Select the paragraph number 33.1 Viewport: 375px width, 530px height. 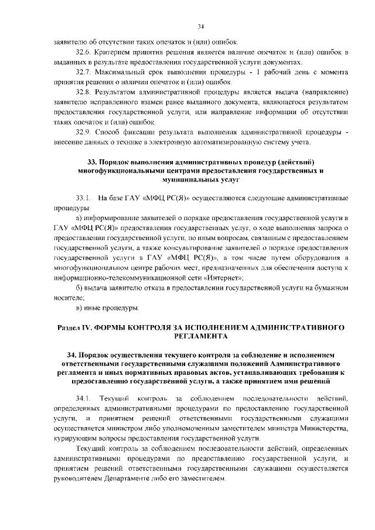[x=84, y=198]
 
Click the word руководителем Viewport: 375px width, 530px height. [x=79, y=478]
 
